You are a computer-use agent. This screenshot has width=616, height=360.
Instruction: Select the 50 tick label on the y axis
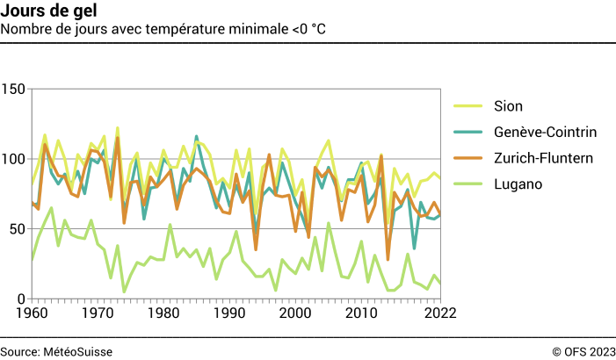17,229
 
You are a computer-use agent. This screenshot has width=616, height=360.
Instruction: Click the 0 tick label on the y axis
21,299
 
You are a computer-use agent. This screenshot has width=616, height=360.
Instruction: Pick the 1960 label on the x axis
32,313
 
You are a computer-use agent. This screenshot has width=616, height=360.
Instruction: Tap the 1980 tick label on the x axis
163,313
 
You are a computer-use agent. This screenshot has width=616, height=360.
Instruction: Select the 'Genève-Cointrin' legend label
545,133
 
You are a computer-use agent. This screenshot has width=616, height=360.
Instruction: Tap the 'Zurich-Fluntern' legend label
543,158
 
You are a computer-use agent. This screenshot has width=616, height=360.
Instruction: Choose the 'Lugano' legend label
518,184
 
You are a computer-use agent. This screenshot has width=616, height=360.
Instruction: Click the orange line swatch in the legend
467,159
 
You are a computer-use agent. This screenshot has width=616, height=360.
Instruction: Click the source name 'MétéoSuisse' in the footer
78,351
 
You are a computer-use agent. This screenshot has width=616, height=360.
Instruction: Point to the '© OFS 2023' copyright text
583,351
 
